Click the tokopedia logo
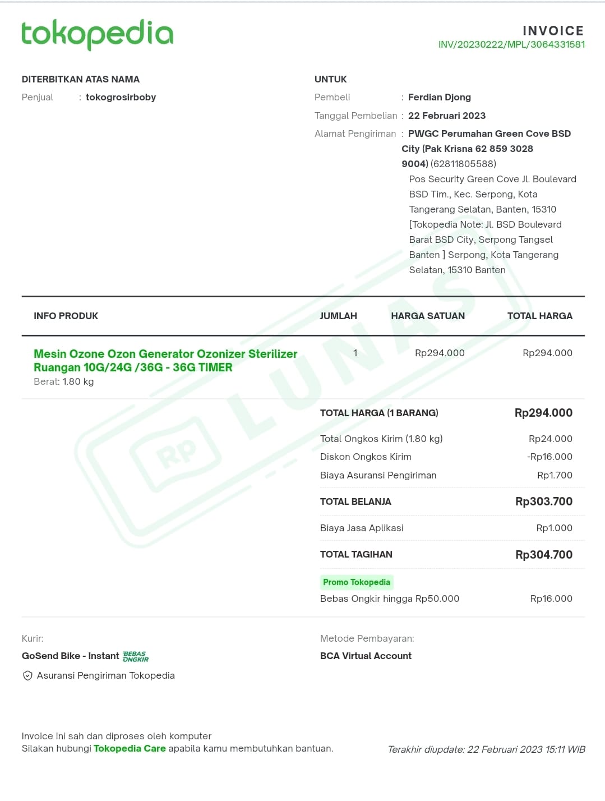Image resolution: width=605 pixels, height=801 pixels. [97, 34]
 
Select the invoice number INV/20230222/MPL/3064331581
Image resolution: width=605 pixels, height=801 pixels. [511, 45]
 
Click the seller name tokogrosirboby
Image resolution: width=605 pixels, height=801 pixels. [121, 98]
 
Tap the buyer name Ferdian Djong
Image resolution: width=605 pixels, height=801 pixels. [439, 98]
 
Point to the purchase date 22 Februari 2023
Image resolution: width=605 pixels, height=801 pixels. [446, 116]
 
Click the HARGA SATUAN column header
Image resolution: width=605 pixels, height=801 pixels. [427, 316]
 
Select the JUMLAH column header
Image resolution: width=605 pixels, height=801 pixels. [338, 316]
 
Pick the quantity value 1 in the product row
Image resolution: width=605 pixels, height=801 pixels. [355, 353]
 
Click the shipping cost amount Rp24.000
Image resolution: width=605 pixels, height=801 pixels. [550, 439]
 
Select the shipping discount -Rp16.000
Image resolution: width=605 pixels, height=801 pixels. [549, 457]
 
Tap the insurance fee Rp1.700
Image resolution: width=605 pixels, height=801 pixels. [555, 476]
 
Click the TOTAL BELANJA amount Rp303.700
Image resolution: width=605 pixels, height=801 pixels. [543, 502]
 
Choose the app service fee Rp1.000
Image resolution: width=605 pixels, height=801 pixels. [554, 528]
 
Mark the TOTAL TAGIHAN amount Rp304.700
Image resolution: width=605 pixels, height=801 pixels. [543, 555]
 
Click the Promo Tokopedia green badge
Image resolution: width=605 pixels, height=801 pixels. [357, 582]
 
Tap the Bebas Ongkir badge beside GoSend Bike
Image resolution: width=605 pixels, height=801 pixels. [136, 657]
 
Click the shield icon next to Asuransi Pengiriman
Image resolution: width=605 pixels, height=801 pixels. [27, 676]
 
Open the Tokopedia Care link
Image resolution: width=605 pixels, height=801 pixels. [130, 749]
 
